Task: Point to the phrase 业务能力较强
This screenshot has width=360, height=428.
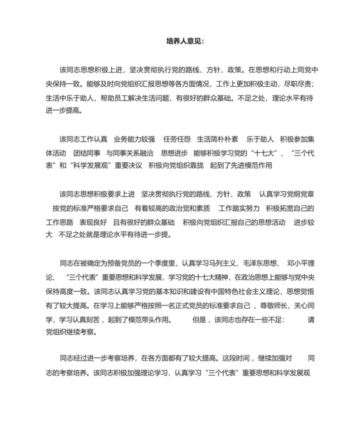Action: click(x=134, y=138)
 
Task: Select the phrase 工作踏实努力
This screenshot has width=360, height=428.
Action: click(x=239, y=208)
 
